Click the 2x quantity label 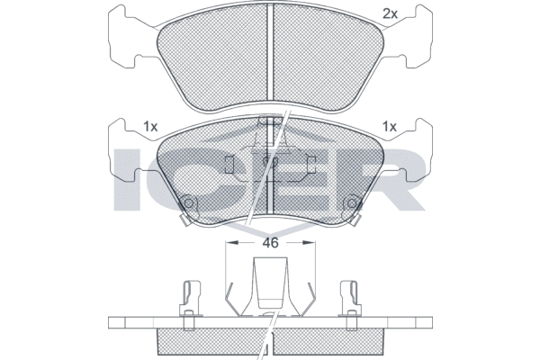coord(391,13)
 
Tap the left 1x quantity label coord(150,127)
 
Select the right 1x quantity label coord(390,127)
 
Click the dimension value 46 coord(270,243)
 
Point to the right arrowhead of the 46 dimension coord(309,243)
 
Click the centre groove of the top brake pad coord(270,51)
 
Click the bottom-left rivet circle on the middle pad coord(188,202)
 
